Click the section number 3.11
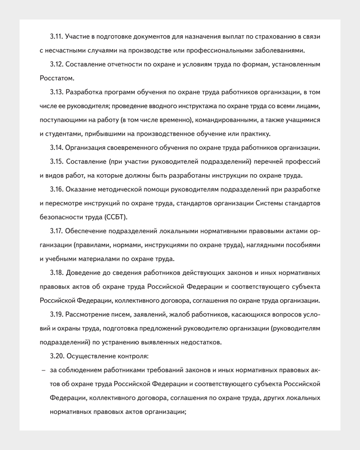point(56,37)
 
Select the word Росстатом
point(57,78)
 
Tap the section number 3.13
point(57,92)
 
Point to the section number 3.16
point(57,189)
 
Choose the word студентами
point(64,134)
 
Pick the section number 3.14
point(57,147)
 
